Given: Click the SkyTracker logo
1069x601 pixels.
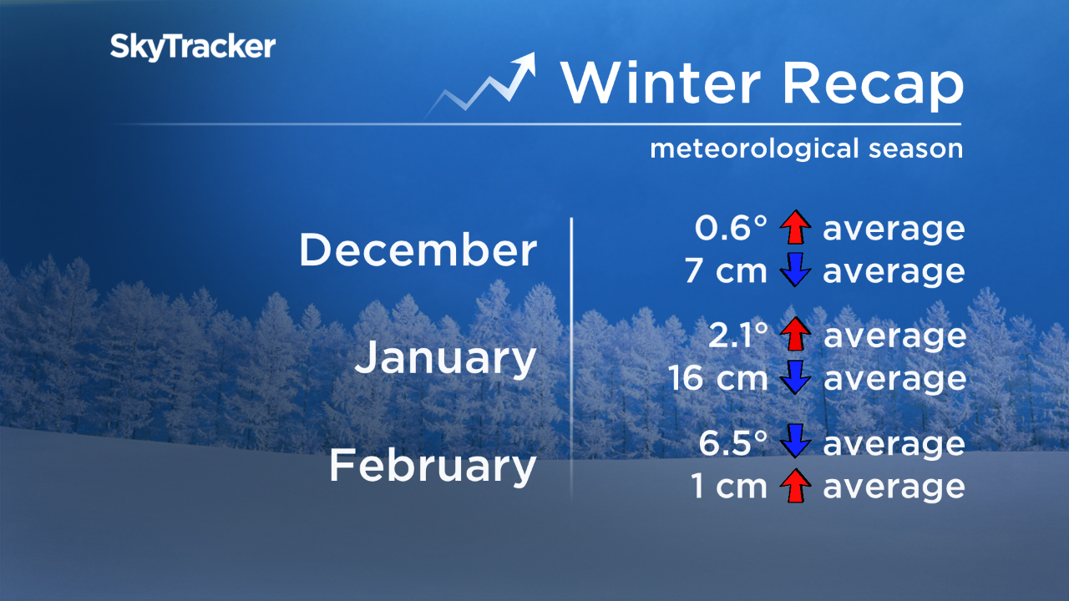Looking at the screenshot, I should coord(192,47).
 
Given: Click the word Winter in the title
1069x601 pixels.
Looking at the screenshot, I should coord(660,82).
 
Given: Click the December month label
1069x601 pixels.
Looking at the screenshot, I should coord(418,250).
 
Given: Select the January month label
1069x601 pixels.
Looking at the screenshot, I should coord(445,358).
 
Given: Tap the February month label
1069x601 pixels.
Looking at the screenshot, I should coord(432,466).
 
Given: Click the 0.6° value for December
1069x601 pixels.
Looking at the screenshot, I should coord(731,229).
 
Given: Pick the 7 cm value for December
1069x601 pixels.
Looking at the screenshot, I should coord(725,272).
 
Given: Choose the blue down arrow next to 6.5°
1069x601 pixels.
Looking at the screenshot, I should coord(795,443).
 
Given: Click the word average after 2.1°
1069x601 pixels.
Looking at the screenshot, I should coord(894,336).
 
